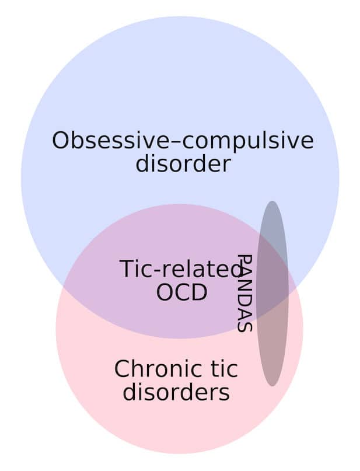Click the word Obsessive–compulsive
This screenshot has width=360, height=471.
183,141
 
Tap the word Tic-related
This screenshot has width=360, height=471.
181,269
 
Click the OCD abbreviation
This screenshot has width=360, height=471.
182,292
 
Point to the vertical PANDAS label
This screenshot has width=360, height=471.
244,293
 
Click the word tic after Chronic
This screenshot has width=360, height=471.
223,369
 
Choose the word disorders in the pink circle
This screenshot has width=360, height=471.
176,392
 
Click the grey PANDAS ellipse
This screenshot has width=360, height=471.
272,294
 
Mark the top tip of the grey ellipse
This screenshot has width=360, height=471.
272,201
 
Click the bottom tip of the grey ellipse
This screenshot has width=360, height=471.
272,386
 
